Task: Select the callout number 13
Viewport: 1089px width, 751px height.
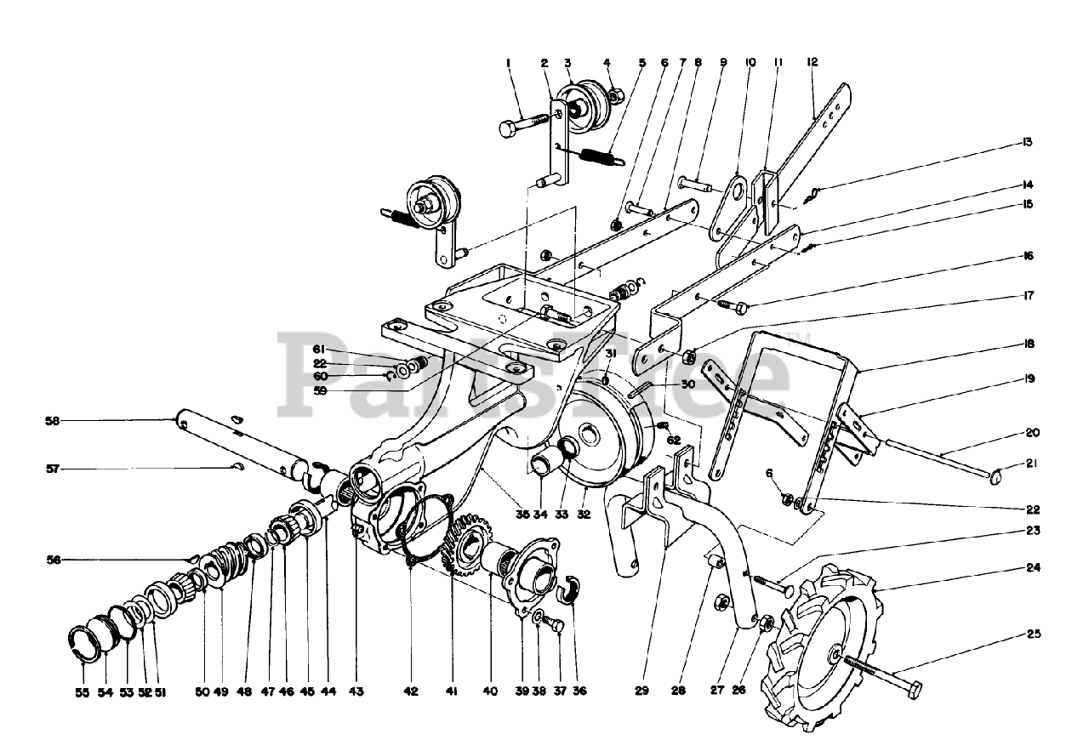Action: coord(1028,141)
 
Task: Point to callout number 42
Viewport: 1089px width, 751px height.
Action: coord(411,692)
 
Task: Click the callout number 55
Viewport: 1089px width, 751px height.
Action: coord(82,692)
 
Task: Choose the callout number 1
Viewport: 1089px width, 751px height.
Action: coord(508,62)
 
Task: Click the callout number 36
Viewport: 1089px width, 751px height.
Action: coord(580,691)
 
